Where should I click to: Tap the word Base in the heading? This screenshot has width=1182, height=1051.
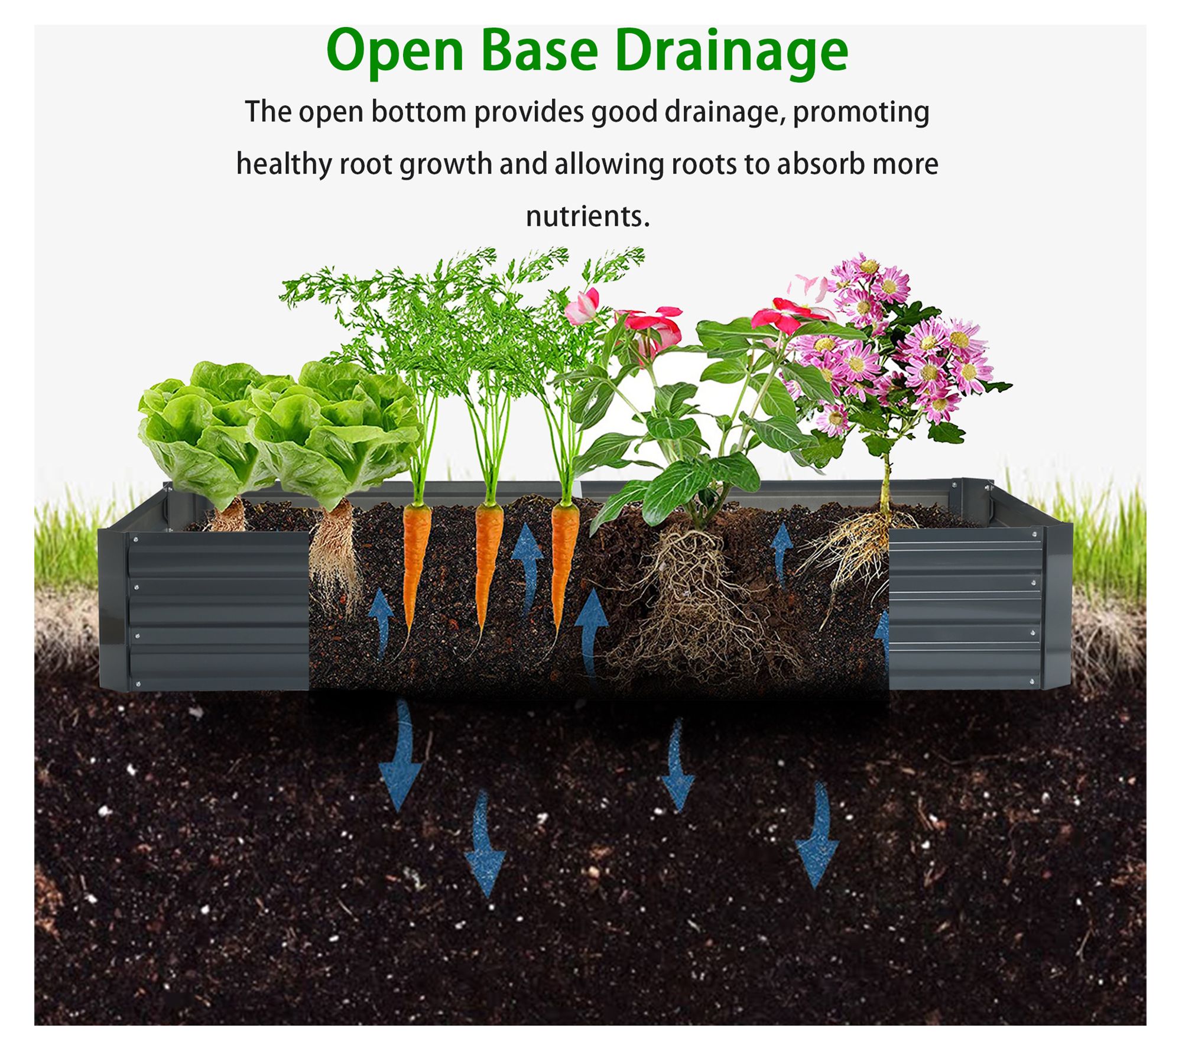[540, 51]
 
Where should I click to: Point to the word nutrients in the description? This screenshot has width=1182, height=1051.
[587, 216]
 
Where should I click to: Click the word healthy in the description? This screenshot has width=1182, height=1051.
[284, 164]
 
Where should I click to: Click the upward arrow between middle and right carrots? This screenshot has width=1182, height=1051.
[527, 568]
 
